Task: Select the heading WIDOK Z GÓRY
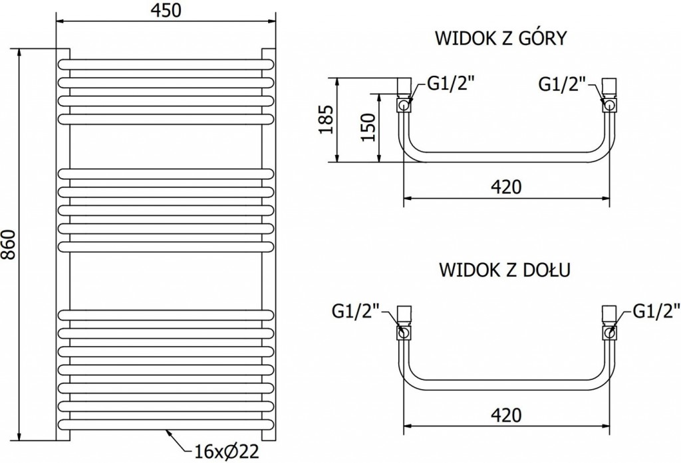(x=500, y=38)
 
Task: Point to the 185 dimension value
(x=326, y=120)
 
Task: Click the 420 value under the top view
(x=507, y=187)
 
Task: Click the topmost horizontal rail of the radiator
(x=166, y=64)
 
